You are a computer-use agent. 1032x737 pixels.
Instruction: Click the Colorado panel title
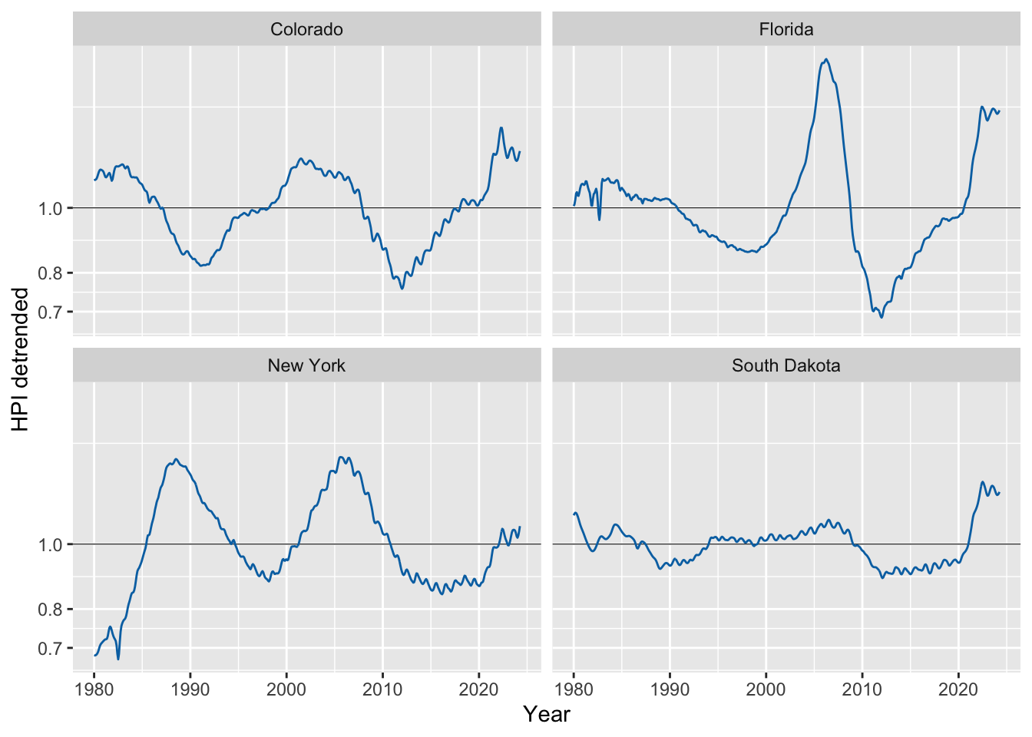point(306,29)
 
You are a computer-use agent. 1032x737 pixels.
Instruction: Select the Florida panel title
point(786,29)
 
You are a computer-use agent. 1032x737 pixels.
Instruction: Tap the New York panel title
point(306,365)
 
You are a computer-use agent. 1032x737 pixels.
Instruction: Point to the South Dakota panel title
point(786,365)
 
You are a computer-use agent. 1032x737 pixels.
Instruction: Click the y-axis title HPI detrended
point(20,359)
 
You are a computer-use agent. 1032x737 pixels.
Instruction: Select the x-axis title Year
point(547,715)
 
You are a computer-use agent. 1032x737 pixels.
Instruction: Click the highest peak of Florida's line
point(826,59)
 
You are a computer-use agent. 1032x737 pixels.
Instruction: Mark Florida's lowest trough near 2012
point(881,317)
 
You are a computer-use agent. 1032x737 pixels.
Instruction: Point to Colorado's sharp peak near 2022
point(501,127)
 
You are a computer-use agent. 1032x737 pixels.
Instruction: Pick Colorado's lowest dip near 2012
point(402,289)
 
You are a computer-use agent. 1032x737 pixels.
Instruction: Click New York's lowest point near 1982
point(118,659)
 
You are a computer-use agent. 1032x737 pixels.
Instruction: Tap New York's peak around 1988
point(176,459)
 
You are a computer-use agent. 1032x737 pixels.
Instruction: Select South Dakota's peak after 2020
point(982,482)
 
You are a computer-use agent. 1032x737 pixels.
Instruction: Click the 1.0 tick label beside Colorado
point(50,209)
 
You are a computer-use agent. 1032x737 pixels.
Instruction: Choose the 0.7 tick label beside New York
point(50,649)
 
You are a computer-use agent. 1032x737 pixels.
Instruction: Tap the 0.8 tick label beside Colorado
point(50,273)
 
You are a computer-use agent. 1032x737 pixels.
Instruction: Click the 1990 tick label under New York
point(190,689)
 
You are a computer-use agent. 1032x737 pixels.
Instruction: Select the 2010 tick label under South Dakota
point(862,689)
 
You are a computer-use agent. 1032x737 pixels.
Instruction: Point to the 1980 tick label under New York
point(94,689)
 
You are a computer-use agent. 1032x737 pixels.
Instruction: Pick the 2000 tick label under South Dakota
point(766,689)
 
